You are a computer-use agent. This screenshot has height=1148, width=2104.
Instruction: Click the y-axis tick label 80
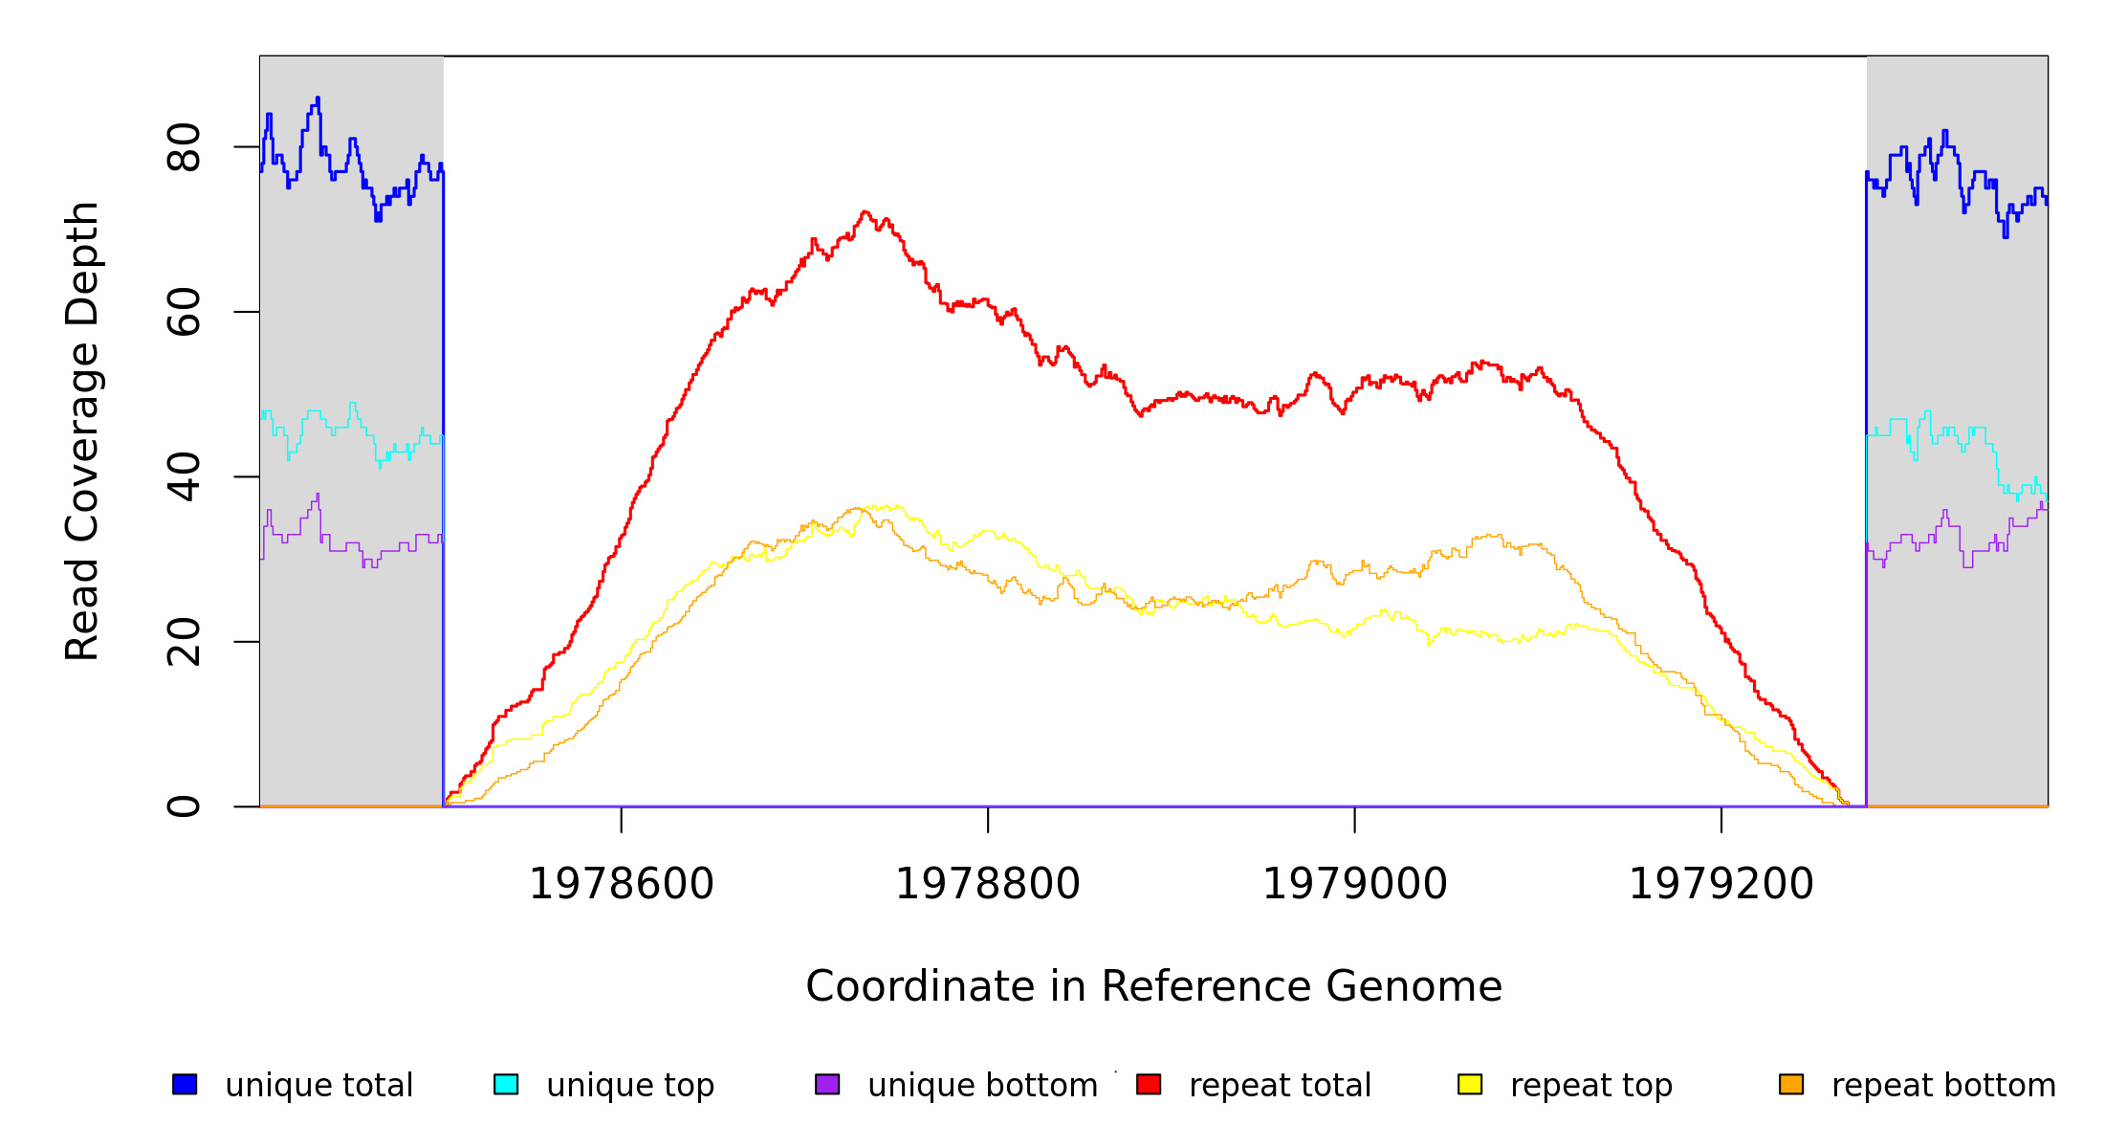pyautogui.click(x=184, y=147)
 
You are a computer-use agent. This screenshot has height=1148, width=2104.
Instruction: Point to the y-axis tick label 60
pyautogui.click(x=184, y=312)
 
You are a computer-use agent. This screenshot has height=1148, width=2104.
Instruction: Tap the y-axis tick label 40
pyautogui.click(x=184, y=476)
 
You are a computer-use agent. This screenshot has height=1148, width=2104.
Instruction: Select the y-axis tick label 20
pyautogui.click(x=184, y=642)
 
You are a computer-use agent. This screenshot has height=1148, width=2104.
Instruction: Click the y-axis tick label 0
pyautogui.click(x=184, y=806)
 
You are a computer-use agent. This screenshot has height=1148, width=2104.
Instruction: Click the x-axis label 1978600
pyautogui.click(x=622, y=884)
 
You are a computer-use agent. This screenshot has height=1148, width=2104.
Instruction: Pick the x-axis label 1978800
pyautogui.click(x=988, y=884)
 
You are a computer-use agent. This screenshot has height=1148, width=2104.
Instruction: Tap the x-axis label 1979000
pyautogui.click(x=1355, y=884)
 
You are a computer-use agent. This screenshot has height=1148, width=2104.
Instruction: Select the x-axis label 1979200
pyautogui.click(x=1721, y=884)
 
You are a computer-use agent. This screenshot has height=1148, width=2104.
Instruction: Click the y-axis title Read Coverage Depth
pyautogui.click(x=82, y=430)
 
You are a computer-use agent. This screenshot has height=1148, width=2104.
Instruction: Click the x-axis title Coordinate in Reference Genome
pyautogui.click(x=1153, y=986)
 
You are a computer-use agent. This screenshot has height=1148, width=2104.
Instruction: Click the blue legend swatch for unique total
pyautogui.click(x=185, y=1084)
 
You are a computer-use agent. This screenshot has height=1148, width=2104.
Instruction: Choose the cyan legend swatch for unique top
pyautogui.click(x=506, y=1084)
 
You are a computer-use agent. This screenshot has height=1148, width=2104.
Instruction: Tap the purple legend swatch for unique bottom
pyautogui.click(x=827, y=1084)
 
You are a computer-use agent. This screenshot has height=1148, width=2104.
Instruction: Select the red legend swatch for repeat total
pyautogui.click(x=1149, y=1084)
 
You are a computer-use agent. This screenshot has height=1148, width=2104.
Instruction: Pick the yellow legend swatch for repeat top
pyautogui.click(x=1470, y=1084)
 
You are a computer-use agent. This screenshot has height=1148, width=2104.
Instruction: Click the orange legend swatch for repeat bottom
pyautogui.click(x=1791, y=1084)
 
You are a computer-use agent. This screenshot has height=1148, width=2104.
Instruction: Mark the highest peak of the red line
pyautogui.click(x=865, y=212)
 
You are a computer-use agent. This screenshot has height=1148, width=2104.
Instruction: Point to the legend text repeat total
pyautogui.click(x=1280, y=1086)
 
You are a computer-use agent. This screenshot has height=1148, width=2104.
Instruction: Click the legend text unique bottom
pyautogui.click(x=982, y=1086)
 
